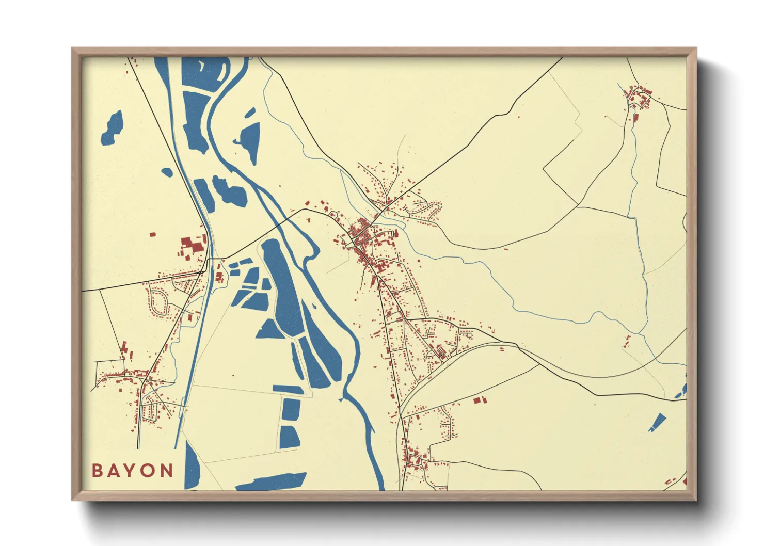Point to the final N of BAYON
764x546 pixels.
pyautogui.click(x=167, y=471)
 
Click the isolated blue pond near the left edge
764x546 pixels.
pyautogui.click(x=113, y=128)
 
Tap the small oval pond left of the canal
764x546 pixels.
pyautogui.click(x=167, y=172)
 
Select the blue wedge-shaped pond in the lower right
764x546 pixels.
pyautogui.click(x=657, y=422)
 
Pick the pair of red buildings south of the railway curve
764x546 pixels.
pyautogui.click(x=480, y=399)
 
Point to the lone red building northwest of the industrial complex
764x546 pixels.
pyautogui.click(x=152, y=234)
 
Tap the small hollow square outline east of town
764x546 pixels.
pyautogui.click(x=469, y=335)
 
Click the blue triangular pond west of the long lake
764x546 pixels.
pyautogui.click(x=269, y=329)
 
